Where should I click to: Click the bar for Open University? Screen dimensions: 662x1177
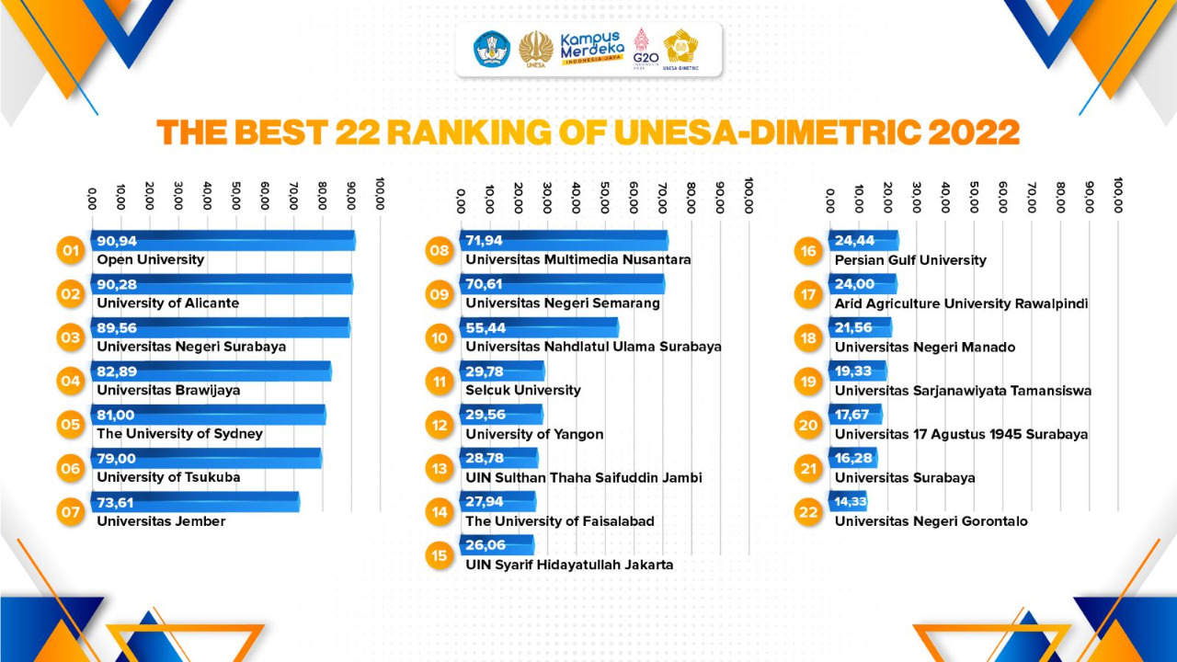223,241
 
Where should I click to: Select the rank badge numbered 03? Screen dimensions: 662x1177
70,337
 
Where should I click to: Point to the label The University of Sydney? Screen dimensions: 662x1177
179,434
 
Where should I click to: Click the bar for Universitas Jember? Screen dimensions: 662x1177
195,502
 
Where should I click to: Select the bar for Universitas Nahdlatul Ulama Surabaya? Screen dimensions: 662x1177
539,328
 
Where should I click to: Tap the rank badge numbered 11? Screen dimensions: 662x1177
440,381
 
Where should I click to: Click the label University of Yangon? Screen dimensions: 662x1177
534,434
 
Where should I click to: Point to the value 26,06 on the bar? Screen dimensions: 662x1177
486,545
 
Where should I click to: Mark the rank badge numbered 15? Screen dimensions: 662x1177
440,555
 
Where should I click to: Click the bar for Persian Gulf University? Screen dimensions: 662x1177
863,241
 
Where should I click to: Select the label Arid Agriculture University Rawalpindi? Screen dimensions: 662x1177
961,303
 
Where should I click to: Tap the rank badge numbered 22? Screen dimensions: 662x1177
808,512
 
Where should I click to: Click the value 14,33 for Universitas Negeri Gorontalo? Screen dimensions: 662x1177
851,502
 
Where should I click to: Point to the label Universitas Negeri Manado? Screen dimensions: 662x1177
925,348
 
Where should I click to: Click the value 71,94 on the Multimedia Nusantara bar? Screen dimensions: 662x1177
486,241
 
